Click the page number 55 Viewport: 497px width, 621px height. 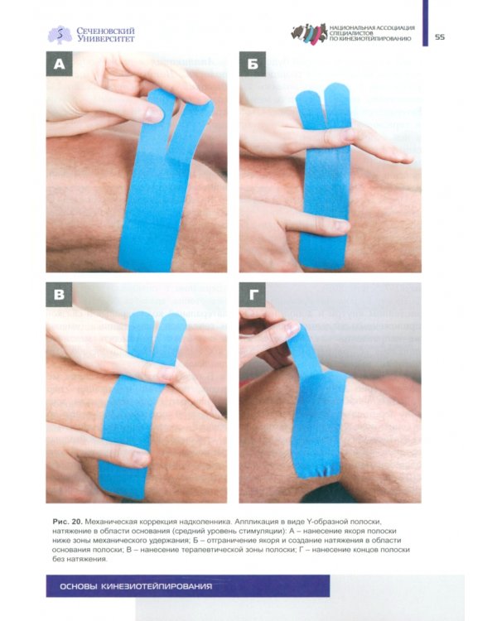[440, 36]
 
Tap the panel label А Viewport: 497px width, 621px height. [59, 64]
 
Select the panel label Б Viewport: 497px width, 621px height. [253, 64]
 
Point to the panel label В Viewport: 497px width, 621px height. [59, 294]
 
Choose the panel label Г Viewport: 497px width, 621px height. [253, 294]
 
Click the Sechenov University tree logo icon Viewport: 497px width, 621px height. [60, 35]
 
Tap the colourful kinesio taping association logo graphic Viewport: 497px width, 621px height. [309, 33]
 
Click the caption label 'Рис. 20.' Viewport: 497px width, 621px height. [67, 521]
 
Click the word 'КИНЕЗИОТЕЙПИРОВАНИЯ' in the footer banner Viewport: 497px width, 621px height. [157, 586]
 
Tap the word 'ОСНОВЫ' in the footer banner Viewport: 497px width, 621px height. [79, 586]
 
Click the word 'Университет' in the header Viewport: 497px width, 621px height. [106, 39]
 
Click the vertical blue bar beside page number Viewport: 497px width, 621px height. [425, 23]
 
